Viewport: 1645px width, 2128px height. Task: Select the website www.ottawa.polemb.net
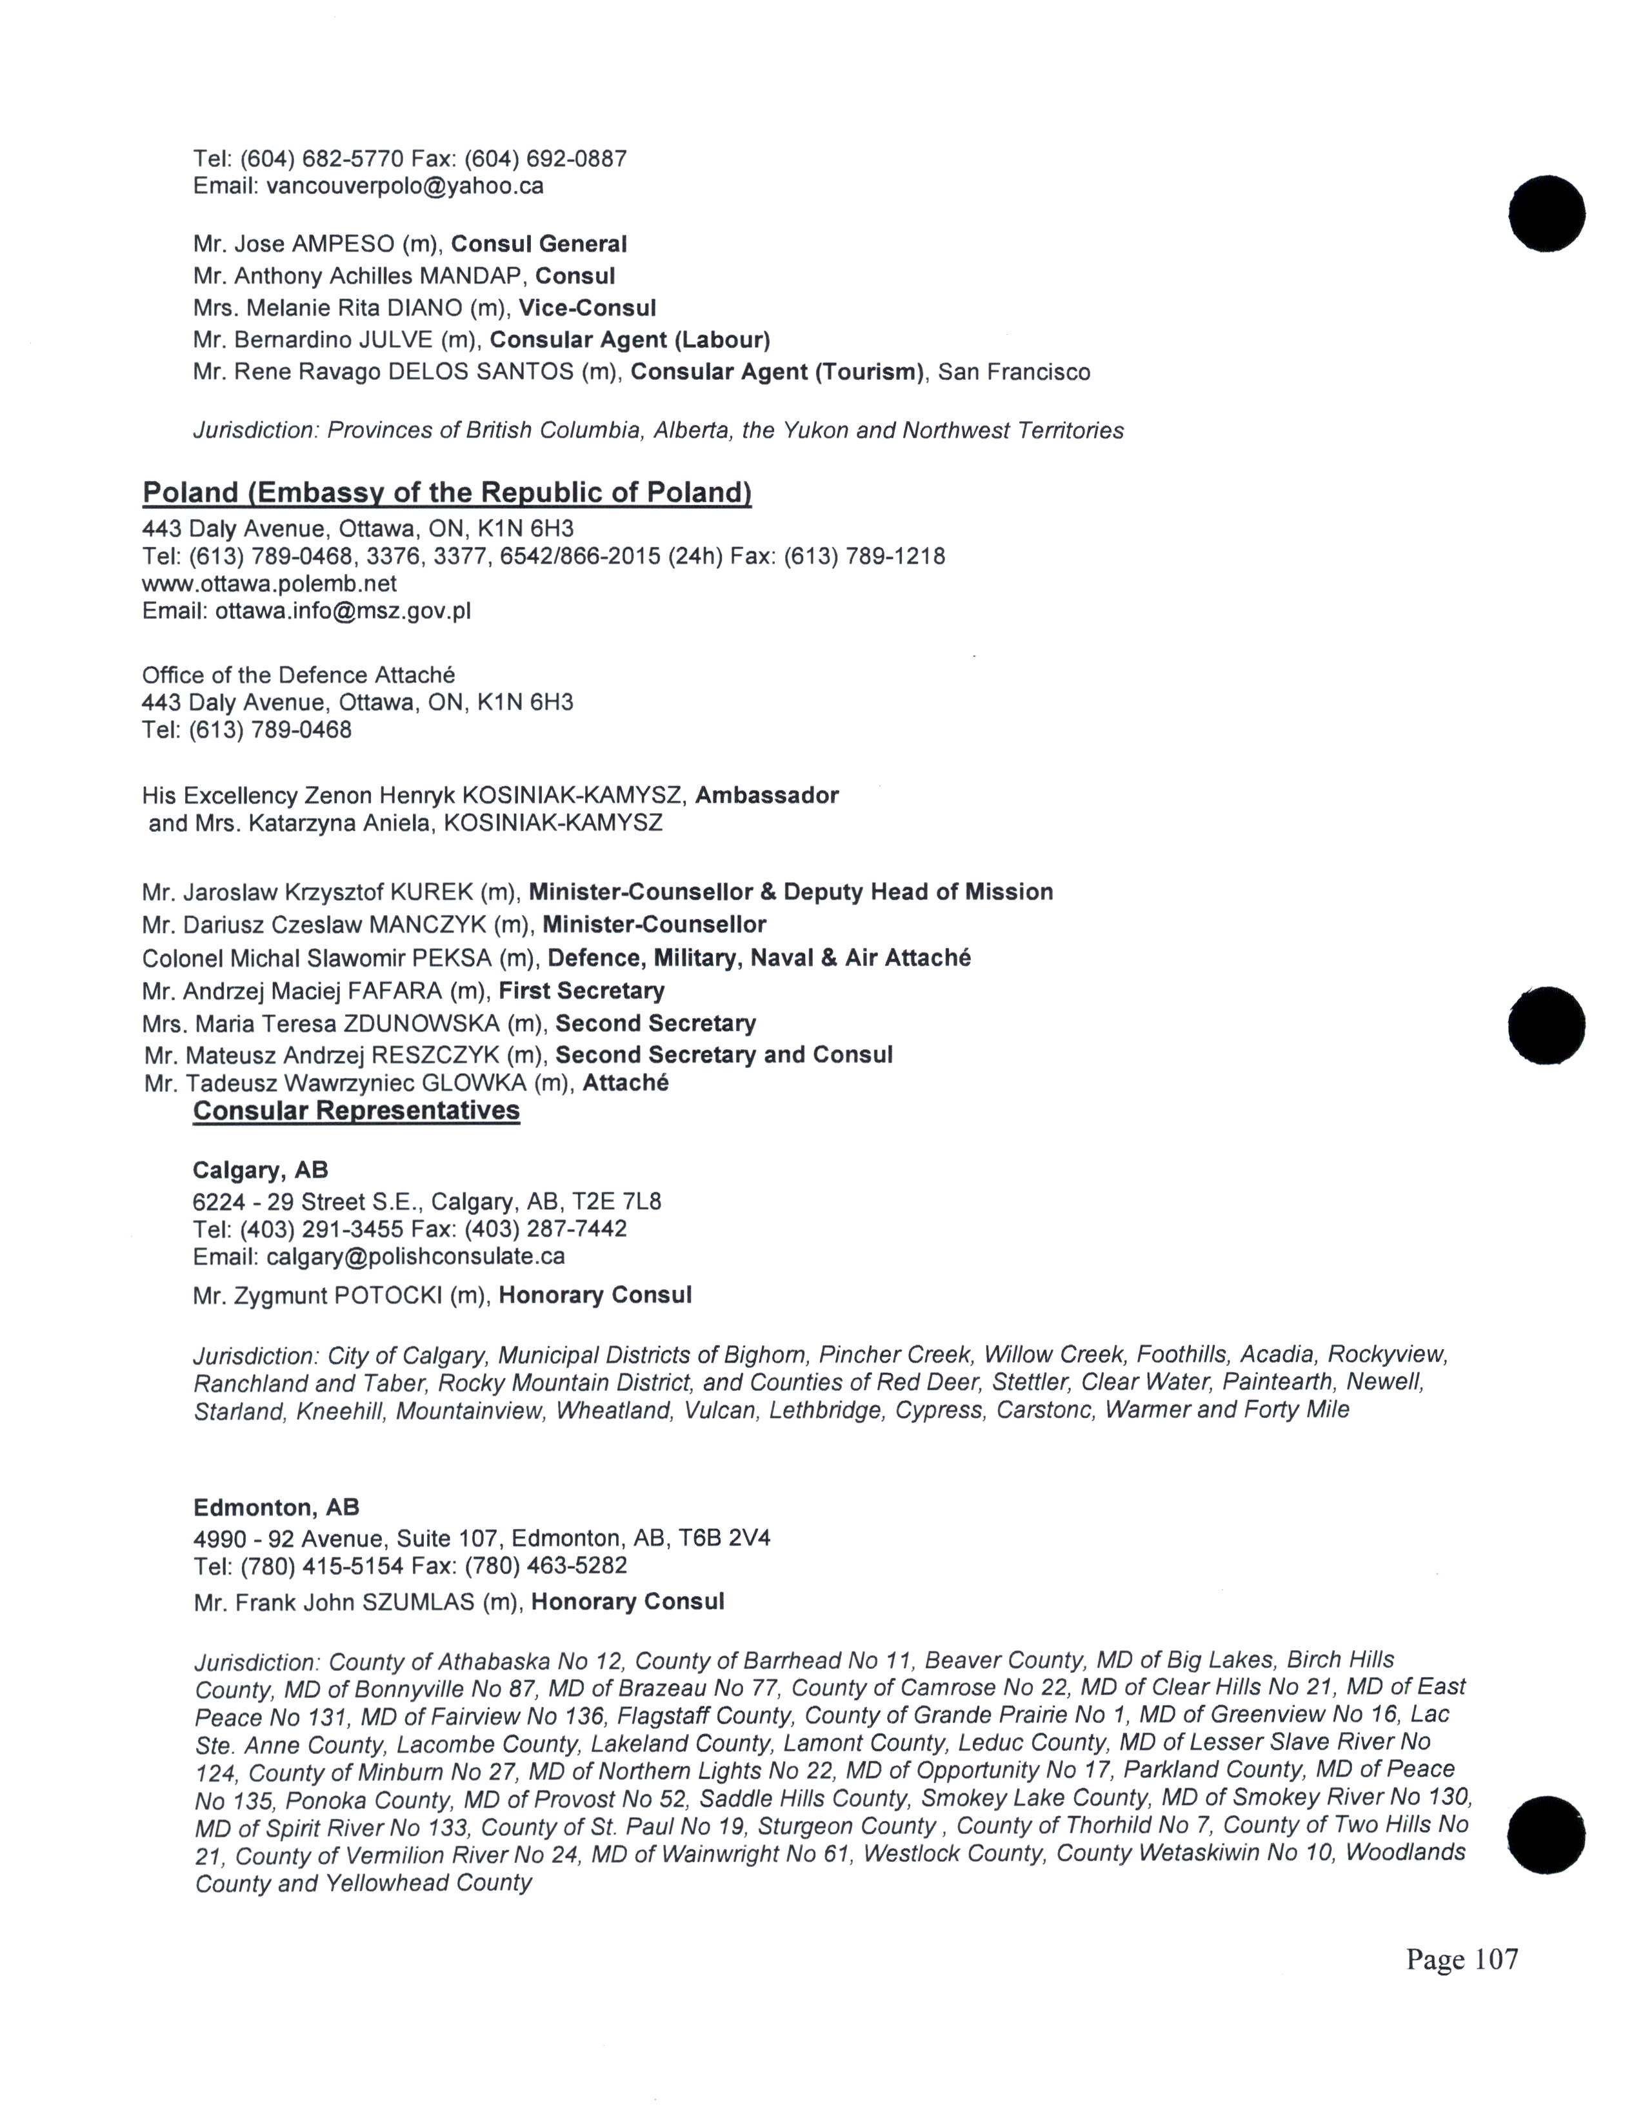pyautogui.click(x=269, y=584)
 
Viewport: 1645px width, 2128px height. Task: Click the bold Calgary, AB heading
pyautogui.click(x=260, y=1170)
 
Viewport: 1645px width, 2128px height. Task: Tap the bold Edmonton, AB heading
pyautogui.click(x=276, y=1508)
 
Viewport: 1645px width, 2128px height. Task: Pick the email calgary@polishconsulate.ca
pyautogui.click(x=415, y=1256)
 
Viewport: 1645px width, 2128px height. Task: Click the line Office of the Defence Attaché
pyautogui.click(x=298, y=675)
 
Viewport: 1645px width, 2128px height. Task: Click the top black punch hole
pyautogui.click(x=1546, y=213)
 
